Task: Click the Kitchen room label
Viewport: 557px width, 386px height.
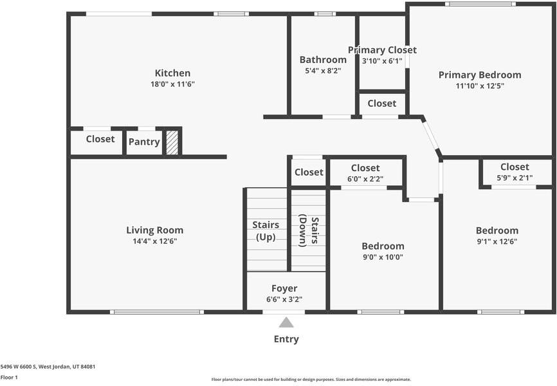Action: (x=172, y=73)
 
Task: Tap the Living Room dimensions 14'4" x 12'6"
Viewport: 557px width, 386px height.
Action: (x=154, y=241)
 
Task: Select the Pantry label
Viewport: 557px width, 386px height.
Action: (x=143, y=142)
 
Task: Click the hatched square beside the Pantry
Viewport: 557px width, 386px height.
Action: (x=172, y=142)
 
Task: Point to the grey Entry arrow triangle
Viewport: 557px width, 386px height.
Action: (x=286, y=322)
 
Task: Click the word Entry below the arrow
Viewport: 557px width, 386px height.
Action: (x=286, y=339)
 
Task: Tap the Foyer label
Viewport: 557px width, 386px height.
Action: (x=284, y=288)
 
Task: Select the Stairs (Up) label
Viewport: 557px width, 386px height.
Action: (x=266, y=230)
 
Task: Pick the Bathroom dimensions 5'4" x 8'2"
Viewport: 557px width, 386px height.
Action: (x=323, y=71)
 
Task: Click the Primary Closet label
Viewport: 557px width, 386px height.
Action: (x=382, y=50)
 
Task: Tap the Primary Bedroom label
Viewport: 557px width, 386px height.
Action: (x=480, y=75)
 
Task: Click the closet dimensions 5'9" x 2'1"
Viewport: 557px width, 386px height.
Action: (x=515, y=178)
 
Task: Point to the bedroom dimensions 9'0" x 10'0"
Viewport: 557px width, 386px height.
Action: (x=383, y=257)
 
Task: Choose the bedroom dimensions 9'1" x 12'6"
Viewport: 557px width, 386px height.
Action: (x=497, y=241)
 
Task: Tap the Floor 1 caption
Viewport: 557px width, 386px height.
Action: (x=9, y=378)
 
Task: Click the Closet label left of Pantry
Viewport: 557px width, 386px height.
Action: (x=100, y=139)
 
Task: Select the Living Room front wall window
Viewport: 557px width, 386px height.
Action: (x=157, y=312)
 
